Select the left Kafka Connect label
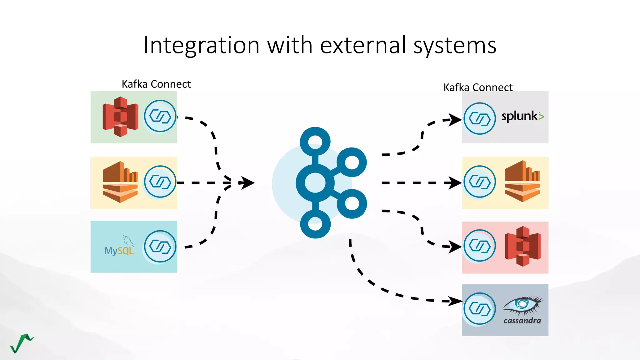pos(156,84)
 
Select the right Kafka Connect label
pos(478,87)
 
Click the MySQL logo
pos(120,247)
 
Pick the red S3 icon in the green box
pos(120,117)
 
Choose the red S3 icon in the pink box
pos(522,246)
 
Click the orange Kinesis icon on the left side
pos(120,182)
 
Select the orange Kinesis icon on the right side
pos(522,182)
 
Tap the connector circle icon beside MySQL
pos(160,247)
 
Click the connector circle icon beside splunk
pos(479,118)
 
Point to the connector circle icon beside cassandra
pos(479,309)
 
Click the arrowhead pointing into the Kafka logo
pos(247,183)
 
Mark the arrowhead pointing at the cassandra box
pos(455,301)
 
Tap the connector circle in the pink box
pos(479,246)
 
